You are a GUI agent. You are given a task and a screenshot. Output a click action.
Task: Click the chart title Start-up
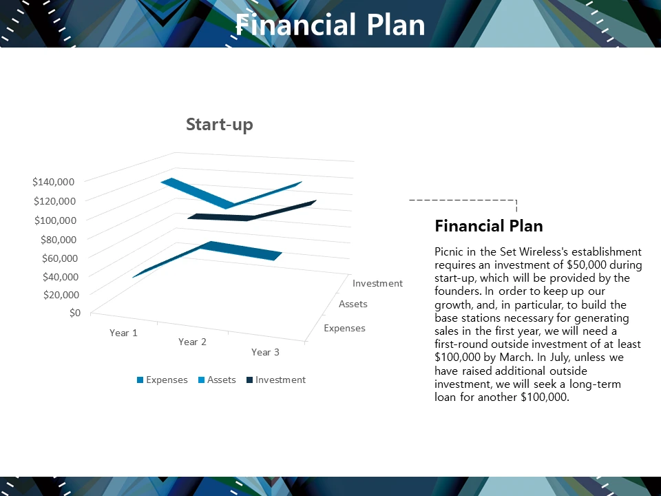click(220, 125)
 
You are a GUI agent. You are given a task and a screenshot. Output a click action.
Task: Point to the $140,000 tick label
click(53, 182)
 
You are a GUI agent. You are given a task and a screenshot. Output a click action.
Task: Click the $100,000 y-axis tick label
click(55, 220)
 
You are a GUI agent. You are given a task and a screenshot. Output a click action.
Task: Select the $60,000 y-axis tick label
click(60, 258)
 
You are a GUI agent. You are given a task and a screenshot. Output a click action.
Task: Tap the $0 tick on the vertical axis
click(74, 313)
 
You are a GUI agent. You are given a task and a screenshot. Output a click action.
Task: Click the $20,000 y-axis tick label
click(61, 294)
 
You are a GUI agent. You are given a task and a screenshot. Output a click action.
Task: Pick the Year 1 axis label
click(123, 333)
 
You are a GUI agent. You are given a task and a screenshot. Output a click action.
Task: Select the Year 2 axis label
click(192, 342)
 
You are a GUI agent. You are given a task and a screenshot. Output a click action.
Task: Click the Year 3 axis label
click(265, 352)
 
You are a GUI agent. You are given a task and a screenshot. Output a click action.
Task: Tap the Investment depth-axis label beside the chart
click(377, 283)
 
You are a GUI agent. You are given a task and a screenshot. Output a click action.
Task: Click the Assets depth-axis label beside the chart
click(353, 304)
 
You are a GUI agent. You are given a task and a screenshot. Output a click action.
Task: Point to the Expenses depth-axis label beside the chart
click(344, 328)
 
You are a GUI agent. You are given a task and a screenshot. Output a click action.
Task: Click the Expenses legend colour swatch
click(140, 380)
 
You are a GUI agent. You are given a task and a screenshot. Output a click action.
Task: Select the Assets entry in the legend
click(217, 380)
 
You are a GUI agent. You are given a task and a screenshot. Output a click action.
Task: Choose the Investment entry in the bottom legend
click(275, 380)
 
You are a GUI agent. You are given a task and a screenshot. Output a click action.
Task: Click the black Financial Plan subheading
click(489, 226)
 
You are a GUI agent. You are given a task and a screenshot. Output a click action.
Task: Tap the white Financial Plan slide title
click(330, 25)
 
